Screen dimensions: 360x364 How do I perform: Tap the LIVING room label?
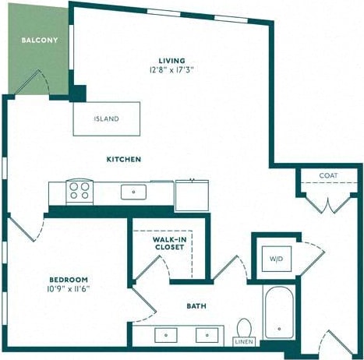click(x=171, y=60)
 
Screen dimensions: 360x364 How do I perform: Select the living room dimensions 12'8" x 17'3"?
click(x=171, y=69)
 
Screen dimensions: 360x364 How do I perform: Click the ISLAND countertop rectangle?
click(x=106, y=119)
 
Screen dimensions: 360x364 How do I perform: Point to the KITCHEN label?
click(x=124, y=159)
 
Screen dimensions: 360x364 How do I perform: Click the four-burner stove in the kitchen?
click(x=79, y=190)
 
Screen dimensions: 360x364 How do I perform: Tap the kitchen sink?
click(x=134, y=190)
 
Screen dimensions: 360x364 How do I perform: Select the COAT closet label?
click(x=328, y=175)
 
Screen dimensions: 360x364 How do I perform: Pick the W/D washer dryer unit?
click(x=276, y=259)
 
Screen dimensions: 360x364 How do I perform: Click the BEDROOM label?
click(x=69, y=279)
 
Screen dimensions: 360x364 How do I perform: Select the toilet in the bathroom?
click(x=244, y=329)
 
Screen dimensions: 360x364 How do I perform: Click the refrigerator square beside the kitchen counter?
click(x=192, y=193)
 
